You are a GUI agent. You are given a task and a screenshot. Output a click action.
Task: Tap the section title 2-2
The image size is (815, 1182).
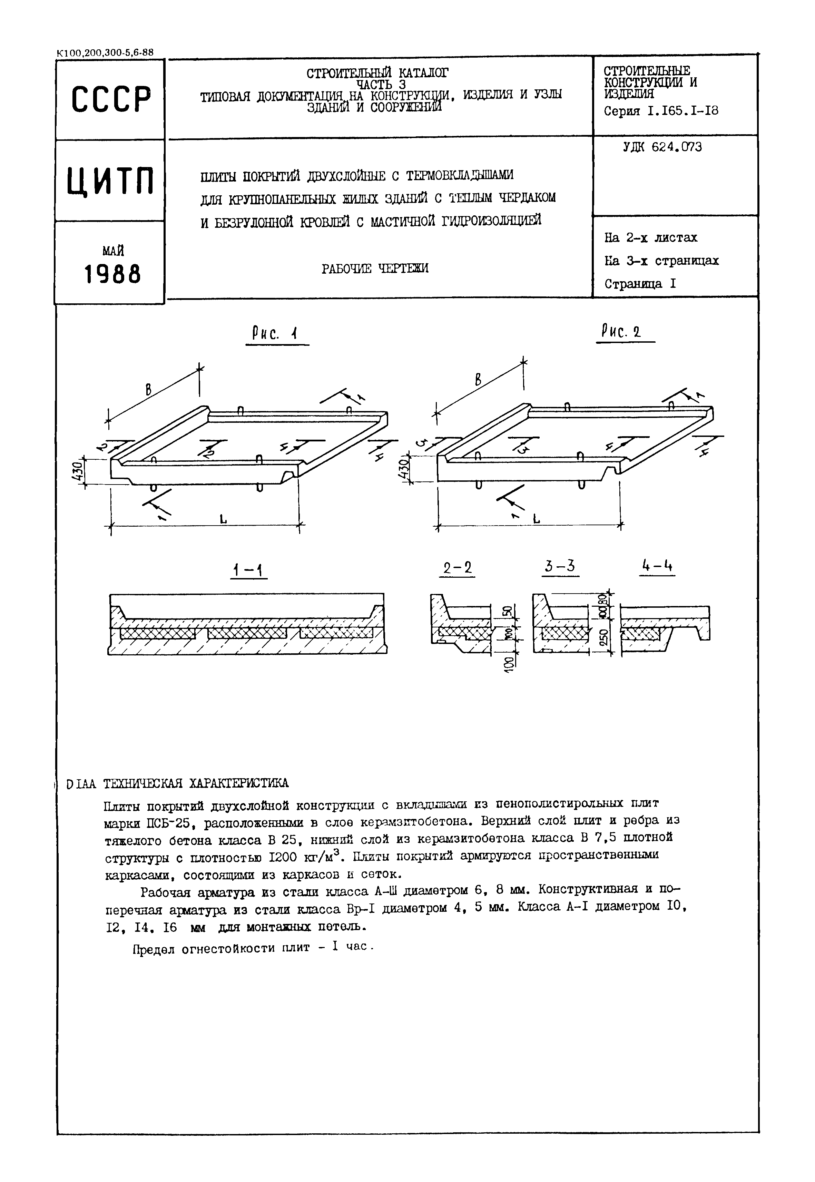(457, 568)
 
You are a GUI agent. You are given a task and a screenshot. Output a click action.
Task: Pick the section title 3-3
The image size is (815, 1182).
(560, 566)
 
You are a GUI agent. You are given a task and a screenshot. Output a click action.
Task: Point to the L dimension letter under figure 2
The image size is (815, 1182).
(536, 518)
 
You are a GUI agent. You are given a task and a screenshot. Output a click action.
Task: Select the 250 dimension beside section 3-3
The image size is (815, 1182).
(603, 637)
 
